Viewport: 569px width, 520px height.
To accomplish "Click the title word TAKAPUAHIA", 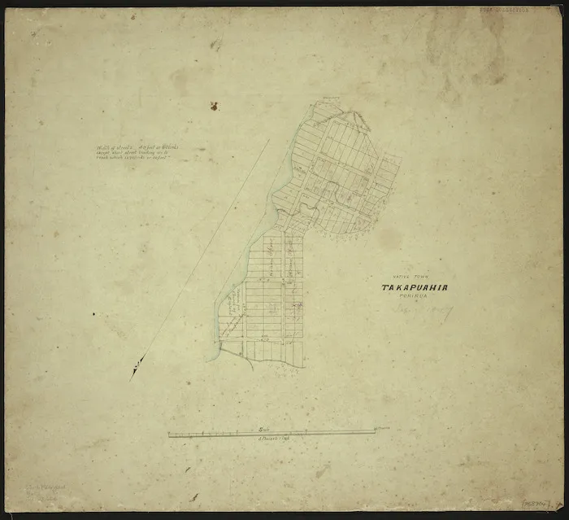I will (x=415, y=287).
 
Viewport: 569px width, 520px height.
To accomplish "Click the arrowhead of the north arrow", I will (x=134, y=371).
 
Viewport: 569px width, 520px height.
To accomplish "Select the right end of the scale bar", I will (x=375, y=432).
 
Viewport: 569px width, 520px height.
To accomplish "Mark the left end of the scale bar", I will (x=169, y=435).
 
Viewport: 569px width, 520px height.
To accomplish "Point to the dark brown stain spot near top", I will (x=214, y=106).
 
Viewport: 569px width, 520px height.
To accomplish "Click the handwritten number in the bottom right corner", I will (x=541, y=506).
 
